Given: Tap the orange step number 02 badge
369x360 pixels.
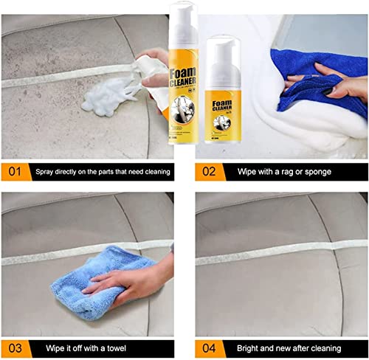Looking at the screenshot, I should click(210, 171).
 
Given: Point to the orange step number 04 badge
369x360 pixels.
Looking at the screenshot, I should click(210, 347).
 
